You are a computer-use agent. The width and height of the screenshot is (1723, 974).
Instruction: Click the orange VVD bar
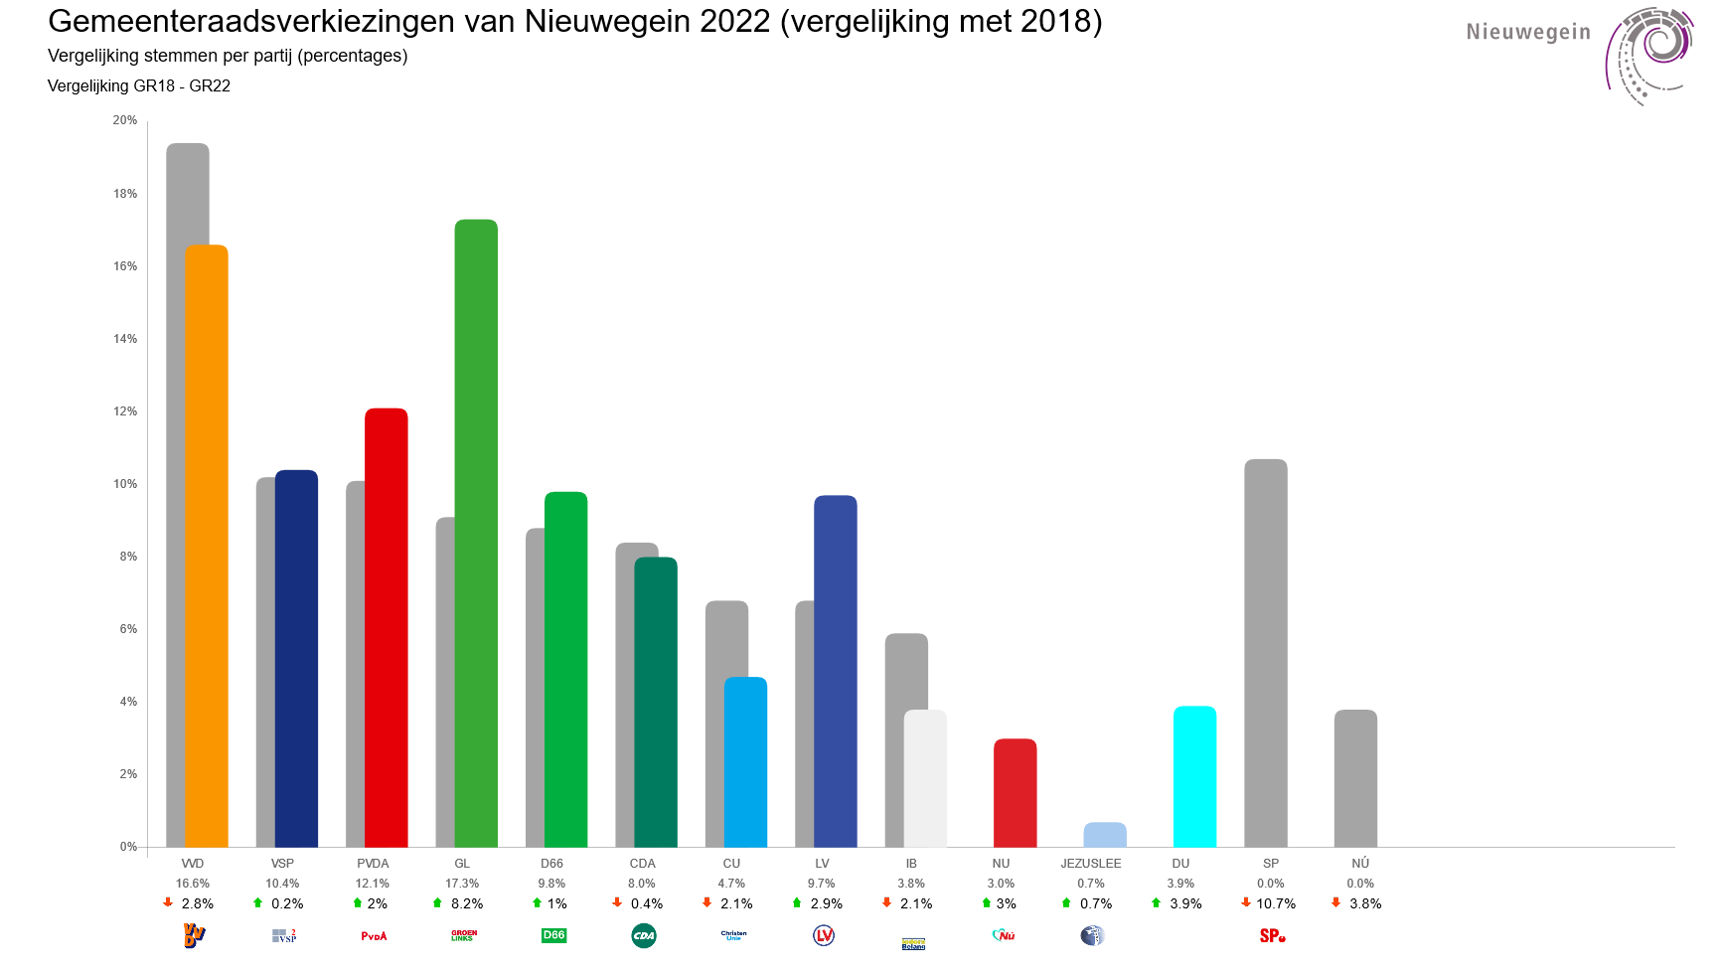[x=207, y=547]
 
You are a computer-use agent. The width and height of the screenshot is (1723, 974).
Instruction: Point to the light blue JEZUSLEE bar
[x=1105, y=835]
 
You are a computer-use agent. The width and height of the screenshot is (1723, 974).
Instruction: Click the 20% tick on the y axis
[x=125, y=120]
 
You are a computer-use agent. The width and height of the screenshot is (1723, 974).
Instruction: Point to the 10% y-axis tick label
[x=125, y=484]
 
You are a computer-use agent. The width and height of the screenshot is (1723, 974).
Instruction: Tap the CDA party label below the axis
[x=642, y=864]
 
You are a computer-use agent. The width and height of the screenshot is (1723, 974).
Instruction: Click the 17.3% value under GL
[x=462, y=884]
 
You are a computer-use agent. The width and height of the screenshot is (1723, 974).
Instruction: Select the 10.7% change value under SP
[x=1276, y=903]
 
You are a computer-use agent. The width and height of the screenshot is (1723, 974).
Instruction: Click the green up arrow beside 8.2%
[x=437, y=903]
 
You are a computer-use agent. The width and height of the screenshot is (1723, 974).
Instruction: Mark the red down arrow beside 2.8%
[x=168, y=903]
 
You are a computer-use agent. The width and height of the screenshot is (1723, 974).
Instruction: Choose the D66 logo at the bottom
[x=553, y=935]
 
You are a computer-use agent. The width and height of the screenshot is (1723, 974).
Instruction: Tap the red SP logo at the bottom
[x=1272, y=935]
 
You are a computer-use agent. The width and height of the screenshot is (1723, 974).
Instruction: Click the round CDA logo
[x=644, y=935]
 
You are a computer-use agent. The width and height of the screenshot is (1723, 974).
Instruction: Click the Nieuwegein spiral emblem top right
[x=1649, y=55]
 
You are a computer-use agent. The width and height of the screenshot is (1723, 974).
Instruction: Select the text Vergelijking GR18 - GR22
[x=139, y=86]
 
